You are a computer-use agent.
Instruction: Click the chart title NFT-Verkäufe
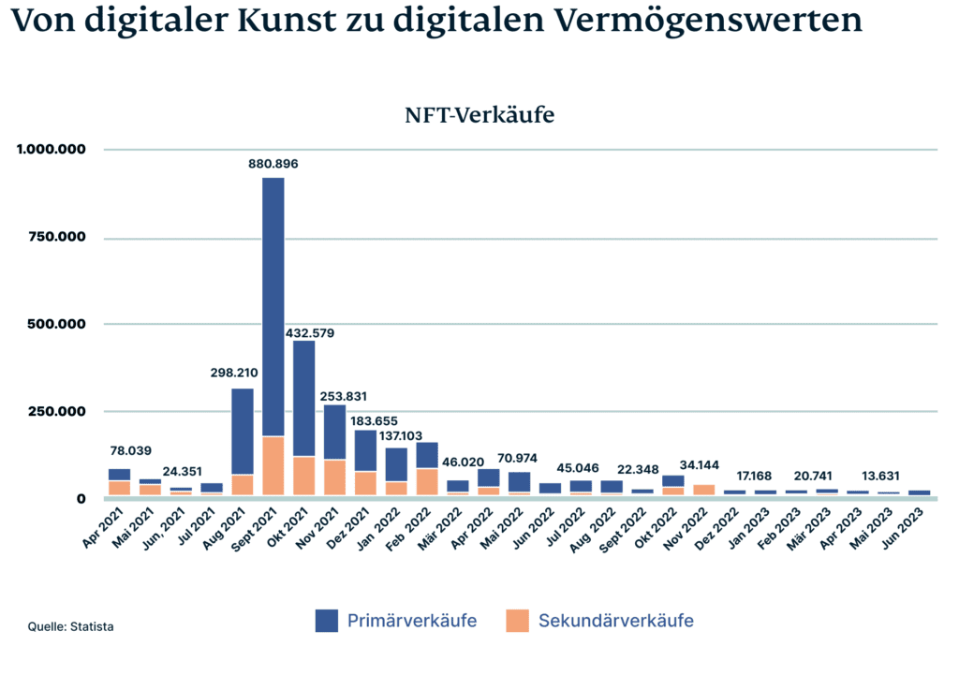tap(479, 115)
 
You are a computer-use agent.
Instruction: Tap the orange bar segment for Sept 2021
tap(273, 465)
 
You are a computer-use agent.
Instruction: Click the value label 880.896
tap(273, 164)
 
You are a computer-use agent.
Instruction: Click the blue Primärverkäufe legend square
tap(327, 621)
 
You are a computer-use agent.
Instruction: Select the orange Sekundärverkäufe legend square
tap(517, 621)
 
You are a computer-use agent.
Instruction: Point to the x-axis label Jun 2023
tap(909, 529)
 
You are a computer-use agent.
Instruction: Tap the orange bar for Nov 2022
tap(703, 490)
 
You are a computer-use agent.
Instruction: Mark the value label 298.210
tap(233, 373)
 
